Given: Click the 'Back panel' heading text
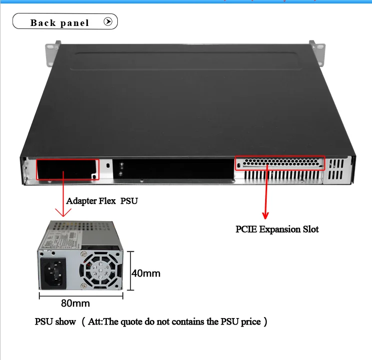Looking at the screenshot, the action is (x=59, y=22).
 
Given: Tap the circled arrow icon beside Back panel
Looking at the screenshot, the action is (x=108, y=22).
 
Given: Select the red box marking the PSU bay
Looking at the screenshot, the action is (x=68, y=169).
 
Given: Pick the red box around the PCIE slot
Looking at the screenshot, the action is (x=280, y=163).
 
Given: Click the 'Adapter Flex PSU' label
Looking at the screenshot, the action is (x=102, y=201).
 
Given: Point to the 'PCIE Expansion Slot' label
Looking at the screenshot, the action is (x=277, y=229).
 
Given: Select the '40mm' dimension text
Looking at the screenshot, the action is (x=146, y=273).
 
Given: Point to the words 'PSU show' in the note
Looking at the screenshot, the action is (x=55, y=322).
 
